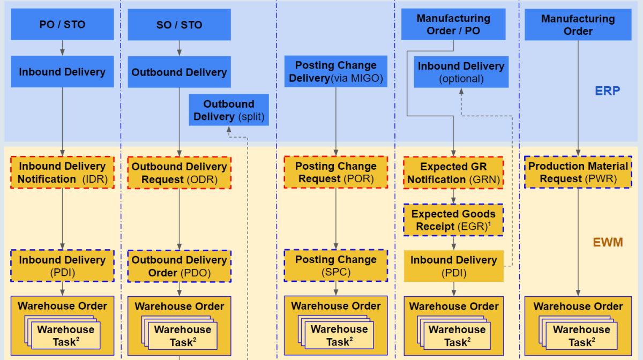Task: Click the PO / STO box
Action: (x=62, y=24)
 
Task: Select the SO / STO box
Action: (x=179, y=24)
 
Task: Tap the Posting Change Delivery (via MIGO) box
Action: (x=336, y=72)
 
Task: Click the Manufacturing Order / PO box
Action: (x=453, y=25)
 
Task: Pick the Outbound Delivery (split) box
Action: (x=229, y=110)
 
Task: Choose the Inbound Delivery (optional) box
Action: (x=461, y=72)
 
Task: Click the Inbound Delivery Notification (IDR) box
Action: (x=62, y=172)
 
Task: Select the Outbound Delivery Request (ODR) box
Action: (x=179, y=172)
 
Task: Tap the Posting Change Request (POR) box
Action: (x=336, y=172)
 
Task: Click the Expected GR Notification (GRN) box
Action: (x=453, y=172)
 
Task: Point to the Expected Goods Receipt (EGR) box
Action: (x=453, y=220)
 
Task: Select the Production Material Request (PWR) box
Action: (x=578, y=172)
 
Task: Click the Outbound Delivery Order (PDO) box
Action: (x=179, y=266)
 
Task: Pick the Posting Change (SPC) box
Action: (x=336, y=265)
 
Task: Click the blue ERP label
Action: (x=607, y=91)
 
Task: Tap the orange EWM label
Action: (x=608, y=242)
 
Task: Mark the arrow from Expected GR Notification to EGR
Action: (x=453, y=196)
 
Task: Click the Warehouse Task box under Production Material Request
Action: (x=581, y=336)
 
